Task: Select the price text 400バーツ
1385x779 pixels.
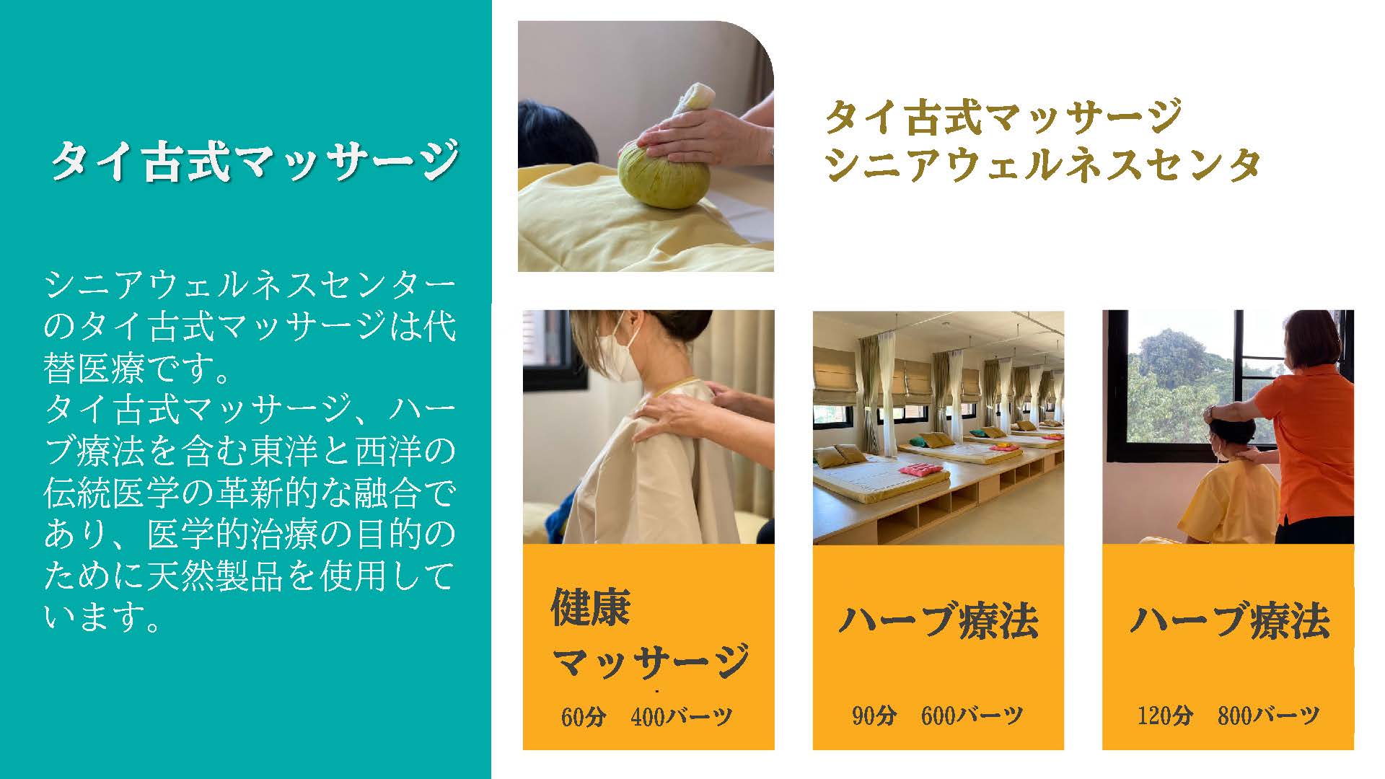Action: [681, 716]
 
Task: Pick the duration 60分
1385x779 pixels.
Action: [584, 716]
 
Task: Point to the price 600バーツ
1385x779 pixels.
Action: [972, 716]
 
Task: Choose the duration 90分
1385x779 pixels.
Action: [874, 716]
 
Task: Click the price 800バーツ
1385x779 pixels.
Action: [1268, 716]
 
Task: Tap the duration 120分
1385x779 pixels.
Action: [1165, 716]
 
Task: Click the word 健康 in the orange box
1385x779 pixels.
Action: [591, 607]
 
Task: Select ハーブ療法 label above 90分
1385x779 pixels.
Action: [938, 621]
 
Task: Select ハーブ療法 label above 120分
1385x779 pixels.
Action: [1229, 621]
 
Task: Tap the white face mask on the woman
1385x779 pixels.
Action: [622, 345]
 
